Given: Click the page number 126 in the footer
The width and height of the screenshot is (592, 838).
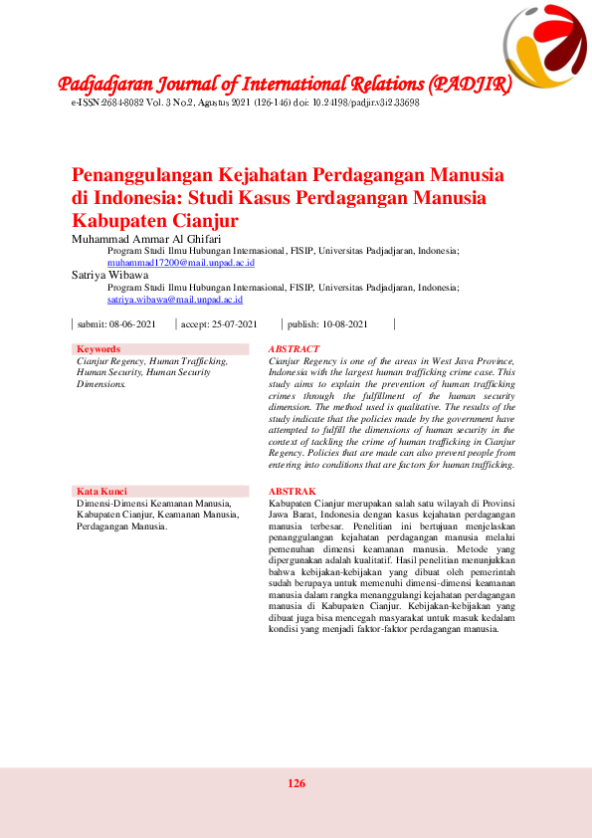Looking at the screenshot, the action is (x=296, y=783).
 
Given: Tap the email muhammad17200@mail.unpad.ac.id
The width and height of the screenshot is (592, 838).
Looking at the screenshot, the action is (x=181, y=263).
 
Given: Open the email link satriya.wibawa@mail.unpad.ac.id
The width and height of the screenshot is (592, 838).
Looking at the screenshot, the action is (x=174, y=299).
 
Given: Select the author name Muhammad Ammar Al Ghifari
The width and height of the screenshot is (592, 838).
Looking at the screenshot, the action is (x=145, y=240).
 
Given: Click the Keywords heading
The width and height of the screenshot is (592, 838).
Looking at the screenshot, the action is (x=99, y=349).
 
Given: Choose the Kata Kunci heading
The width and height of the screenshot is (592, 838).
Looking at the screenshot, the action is (x=101, y=491).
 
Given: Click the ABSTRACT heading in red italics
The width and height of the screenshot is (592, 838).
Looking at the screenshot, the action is (x=295, y=349).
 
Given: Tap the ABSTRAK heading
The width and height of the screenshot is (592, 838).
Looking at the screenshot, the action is (x=293, y=492).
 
